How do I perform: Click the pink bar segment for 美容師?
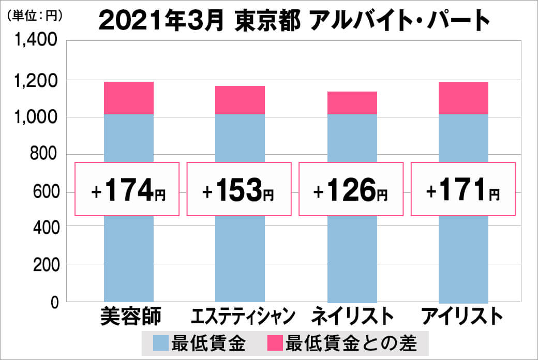coord(129,98)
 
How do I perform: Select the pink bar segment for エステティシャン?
coord(240,100)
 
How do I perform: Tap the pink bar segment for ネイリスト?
coord(352,103)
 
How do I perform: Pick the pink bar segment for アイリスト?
coord(464,98)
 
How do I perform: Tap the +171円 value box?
coord(463,189)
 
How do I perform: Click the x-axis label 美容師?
coord(130,316)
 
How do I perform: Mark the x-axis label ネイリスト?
coord(352,316)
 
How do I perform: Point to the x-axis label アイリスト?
coord(462,316)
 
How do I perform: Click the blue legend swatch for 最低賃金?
coord(161,342)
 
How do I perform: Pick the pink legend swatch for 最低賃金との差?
coord(275,342)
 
